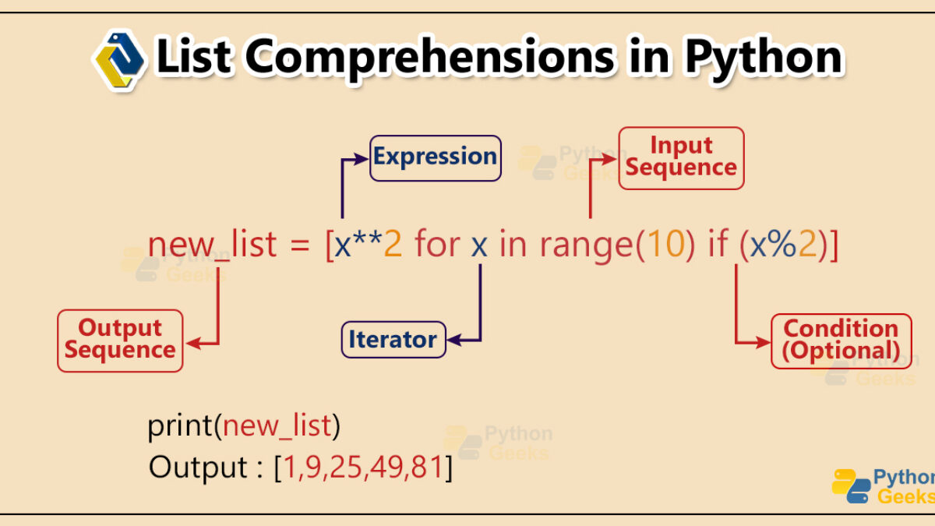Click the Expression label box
coord(436,158)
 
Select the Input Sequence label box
coord(681,158)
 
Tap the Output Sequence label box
coord(120,341)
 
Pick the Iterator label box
coord(393,340)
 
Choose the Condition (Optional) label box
coord(841,341)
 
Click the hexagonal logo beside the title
coord(120,61)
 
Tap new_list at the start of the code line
coord(212,244)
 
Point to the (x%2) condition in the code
coord(784,244)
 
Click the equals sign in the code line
coord(300,245)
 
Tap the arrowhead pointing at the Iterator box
coord(453,340)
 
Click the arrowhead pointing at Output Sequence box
coord(193,344)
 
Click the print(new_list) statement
coord(244,425)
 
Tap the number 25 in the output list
coord(346,467)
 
